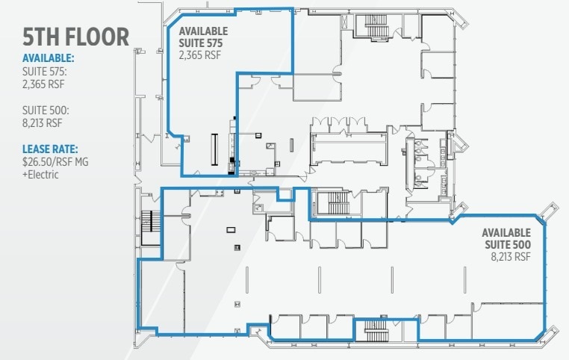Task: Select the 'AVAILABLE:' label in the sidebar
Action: pyautogui.click(x=48, y=58)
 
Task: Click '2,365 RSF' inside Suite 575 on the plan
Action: pyautogui.click(x=200, y=54)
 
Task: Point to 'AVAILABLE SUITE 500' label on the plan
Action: pyautogui.click(x=506, y=238)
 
